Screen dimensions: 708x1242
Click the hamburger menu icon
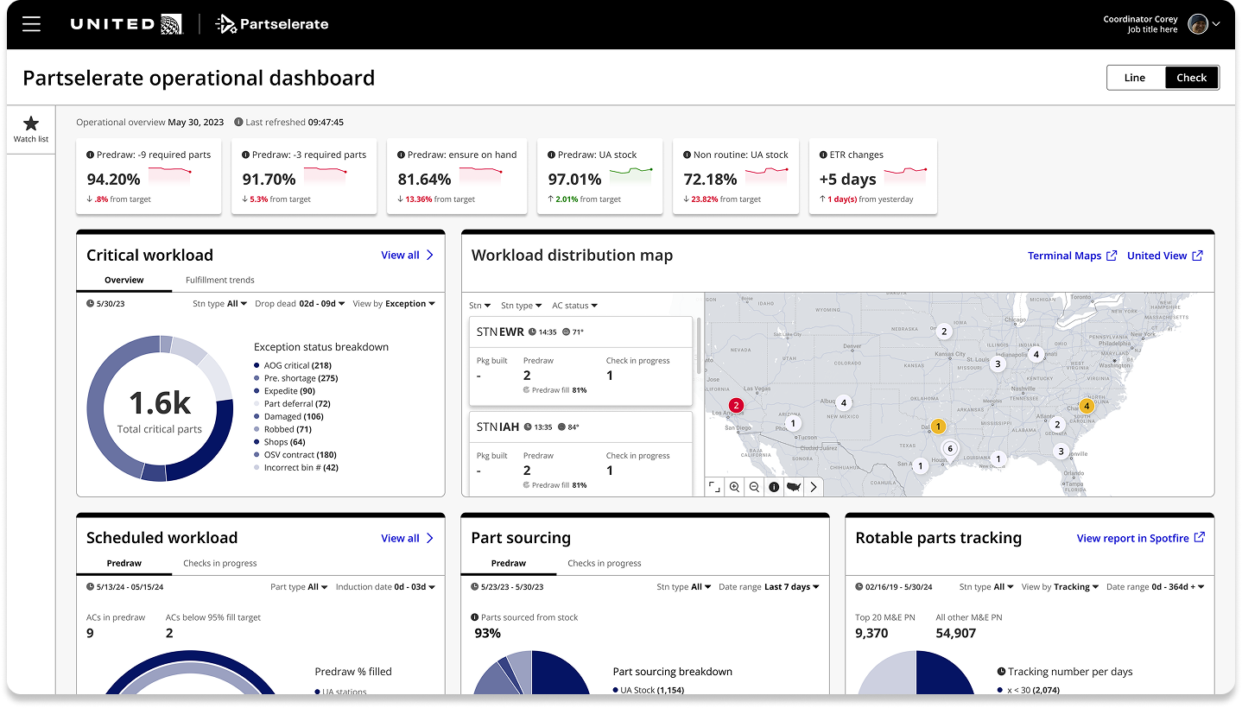[x=32, y=24]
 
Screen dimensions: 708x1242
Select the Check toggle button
[x=1191, y=78]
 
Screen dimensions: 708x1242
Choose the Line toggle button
[x=1135, y=78]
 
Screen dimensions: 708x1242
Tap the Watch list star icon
[x=31, y=124]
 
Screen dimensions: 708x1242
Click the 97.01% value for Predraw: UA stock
[x=574, y=180]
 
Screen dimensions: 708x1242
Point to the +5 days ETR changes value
[x=847, y=180]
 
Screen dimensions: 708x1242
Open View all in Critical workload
[x=407, y=256]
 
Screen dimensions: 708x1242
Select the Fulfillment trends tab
[x=219, y=280]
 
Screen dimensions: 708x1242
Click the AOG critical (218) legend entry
[x=297, y=366]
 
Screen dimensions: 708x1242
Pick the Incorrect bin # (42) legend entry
[x=301, y=468]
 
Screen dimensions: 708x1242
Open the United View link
[x=1164, y=256]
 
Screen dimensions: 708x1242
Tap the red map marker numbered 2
[x=736, y=405]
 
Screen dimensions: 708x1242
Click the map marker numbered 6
[x=950, y=448]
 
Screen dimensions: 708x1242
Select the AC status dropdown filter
[x=574, y=306]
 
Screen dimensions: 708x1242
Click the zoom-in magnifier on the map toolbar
[x=734, y=487]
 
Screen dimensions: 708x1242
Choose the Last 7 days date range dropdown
[x=791, y=587]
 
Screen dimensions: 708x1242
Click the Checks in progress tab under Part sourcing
[x=604, y=563]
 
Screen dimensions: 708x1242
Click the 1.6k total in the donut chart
[x=160, y=403]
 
